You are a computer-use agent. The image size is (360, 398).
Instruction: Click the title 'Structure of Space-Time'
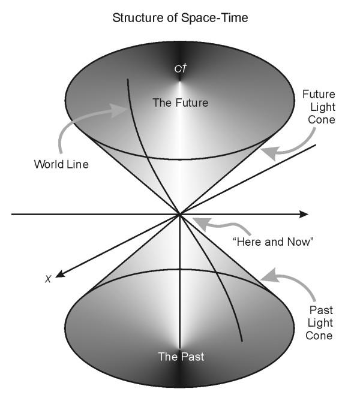(180, 18)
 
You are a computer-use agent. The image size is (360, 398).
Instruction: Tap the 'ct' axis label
(179, 68)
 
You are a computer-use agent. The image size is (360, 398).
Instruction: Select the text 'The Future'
(180, 102)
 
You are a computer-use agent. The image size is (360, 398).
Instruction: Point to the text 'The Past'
(181, 357)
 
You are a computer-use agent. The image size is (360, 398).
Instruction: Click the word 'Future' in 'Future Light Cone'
(319, 95)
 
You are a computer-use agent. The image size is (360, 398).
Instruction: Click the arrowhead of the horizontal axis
(304, 214)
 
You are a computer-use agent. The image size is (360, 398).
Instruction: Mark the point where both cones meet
(179, 214)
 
